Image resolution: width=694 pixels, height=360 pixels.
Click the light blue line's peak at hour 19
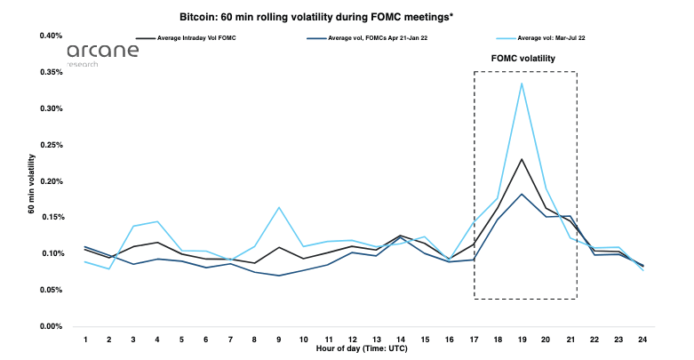[522, 83]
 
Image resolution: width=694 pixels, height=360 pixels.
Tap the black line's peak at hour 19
[522, 159]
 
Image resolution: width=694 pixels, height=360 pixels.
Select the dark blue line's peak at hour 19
[522, 194]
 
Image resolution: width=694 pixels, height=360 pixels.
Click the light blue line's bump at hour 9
[279, 207]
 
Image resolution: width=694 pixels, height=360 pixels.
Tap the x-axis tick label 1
[85, 340]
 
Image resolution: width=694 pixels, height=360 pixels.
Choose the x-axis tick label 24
[642, 340]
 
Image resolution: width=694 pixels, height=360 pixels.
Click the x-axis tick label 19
[522, 340]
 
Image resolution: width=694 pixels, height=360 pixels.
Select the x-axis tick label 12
[352, 340]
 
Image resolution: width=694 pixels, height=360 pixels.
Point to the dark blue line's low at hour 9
[279, 276]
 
